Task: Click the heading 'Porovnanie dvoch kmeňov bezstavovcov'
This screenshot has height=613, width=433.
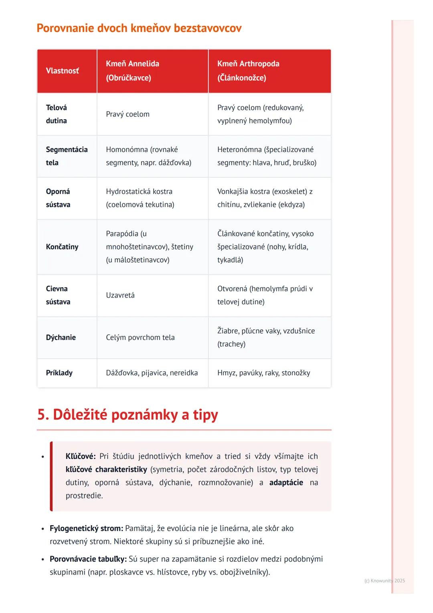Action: click(x=139, y=28)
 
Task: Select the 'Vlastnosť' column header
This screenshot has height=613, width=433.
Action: click(x=63, y=71)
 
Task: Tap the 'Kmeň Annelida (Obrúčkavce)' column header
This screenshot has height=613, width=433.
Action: click(x=132, y=71)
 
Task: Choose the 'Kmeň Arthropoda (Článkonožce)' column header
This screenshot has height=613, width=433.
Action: click(x=248, y=71)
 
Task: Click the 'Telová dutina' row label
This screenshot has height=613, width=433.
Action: click(x=57, y=114)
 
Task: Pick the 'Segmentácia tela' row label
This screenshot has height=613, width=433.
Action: click(x=67, y=156)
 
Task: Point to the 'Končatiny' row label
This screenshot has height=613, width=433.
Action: click(x=62, y=247)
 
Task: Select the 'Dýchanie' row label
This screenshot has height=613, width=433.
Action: click(x=61, y=337)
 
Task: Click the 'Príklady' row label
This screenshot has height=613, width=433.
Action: click(x=59, y=373)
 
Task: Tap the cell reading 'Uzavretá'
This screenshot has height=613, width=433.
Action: click(x=120, y=295)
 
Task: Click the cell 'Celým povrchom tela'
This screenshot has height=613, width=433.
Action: click(x=140, y=337)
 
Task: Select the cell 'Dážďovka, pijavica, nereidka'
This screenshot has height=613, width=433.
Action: click(x=152, y=373)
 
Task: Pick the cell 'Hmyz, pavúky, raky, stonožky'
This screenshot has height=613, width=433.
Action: click(x=264, y=373)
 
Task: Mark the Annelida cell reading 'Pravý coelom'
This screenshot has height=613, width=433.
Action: click(x=127, y=114)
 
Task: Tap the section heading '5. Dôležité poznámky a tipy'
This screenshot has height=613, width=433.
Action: click(x=127, y=414)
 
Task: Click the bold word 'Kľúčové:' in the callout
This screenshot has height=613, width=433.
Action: click(x=81, y=456)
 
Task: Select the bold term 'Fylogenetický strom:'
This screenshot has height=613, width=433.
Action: click(x=86, y=528)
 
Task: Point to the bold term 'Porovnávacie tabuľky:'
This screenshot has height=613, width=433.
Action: click(x=88, y=559)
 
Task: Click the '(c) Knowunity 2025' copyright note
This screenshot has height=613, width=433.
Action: click(x=384, y=581)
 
